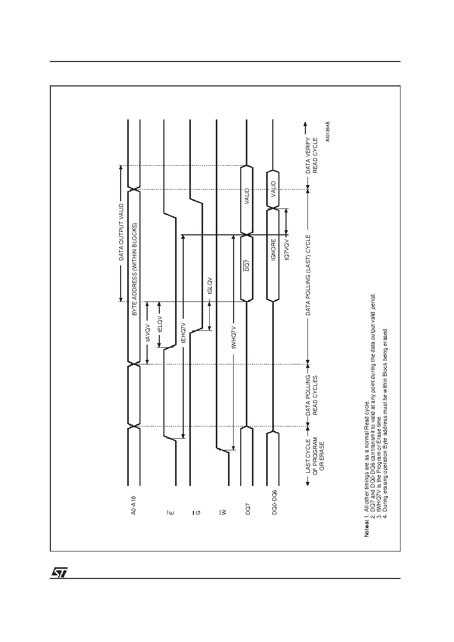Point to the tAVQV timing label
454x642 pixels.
(x=148, y=333)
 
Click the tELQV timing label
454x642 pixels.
(x=160, y=324)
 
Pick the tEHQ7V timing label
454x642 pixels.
(x=184, y=332)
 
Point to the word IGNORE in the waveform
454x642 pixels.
(x=273, y=250)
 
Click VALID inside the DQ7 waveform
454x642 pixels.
(x=247, y=196)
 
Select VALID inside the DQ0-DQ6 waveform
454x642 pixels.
(x=273, y=189)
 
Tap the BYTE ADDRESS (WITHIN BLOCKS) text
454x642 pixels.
(x=134, y=269)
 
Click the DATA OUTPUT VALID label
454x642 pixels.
(x=122, y=232)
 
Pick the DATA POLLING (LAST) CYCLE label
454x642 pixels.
(x=308, y=275)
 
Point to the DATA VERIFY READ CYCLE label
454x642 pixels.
(x=311, y=155)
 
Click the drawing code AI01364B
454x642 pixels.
(x=328, y=131)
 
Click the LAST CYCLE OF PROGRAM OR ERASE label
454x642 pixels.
(x=315, y=455)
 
